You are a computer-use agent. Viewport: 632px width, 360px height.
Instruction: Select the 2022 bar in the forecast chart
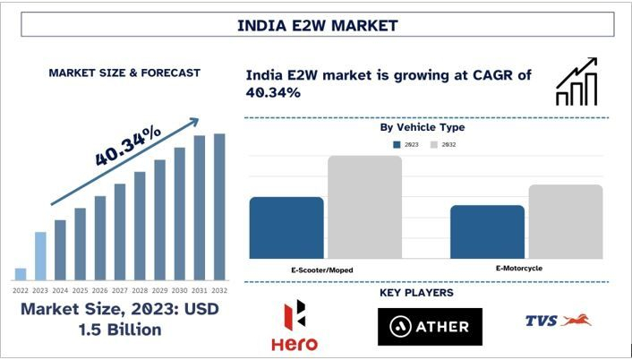[x=21, y=274]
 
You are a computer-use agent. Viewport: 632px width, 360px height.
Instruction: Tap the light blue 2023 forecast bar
[x=40, y=256]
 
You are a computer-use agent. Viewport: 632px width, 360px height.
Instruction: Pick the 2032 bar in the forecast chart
[x=219, y=207]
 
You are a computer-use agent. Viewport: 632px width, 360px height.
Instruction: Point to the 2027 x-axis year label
[x=120, y=291]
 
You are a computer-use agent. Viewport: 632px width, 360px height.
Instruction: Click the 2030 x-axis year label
[x=179, y=291]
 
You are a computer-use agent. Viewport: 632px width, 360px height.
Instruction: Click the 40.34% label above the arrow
[x=128, y=144]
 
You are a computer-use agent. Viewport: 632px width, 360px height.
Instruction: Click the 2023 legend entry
[x=408, y=144]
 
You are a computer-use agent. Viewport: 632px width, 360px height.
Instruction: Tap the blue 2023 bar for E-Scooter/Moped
[x=286, y=227]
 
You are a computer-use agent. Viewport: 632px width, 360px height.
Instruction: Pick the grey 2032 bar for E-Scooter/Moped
[x=364, y=207]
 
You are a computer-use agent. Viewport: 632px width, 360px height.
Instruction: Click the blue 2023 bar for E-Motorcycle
[x=487, y=232]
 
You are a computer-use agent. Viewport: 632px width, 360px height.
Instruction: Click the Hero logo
[x=294, y=327]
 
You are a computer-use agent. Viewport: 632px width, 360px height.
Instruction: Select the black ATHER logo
[x=430, y=327]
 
